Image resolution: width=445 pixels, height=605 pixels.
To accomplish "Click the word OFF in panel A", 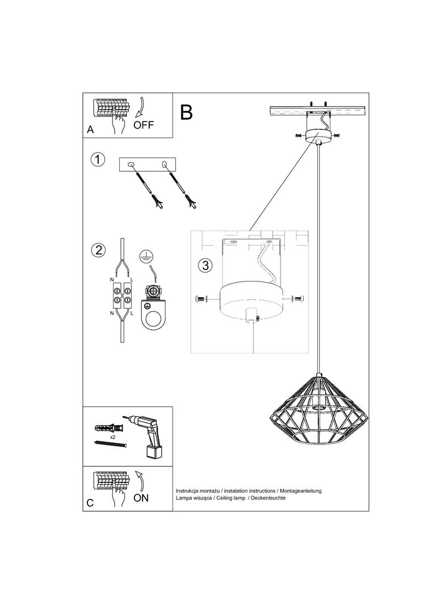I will click(144, 125).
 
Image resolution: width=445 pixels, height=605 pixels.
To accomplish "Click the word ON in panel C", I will click(141, 498).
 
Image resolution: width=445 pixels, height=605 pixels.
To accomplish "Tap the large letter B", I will click(186, 112).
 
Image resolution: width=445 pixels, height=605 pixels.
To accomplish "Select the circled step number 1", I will click(98, 159).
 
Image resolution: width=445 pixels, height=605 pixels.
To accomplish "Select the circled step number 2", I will click(98, 250).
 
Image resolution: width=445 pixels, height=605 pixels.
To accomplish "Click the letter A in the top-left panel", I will click(90, 130).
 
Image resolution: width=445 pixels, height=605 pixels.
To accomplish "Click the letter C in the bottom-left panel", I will click(90, 503).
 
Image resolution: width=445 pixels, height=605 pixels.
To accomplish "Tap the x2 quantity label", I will click(112, 438).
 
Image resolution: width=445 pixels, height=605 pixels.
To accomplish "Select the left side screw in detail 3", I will click(203, 299).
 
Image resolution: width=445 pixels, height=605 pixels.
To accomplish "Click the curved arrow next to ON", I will click(140, 481).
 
